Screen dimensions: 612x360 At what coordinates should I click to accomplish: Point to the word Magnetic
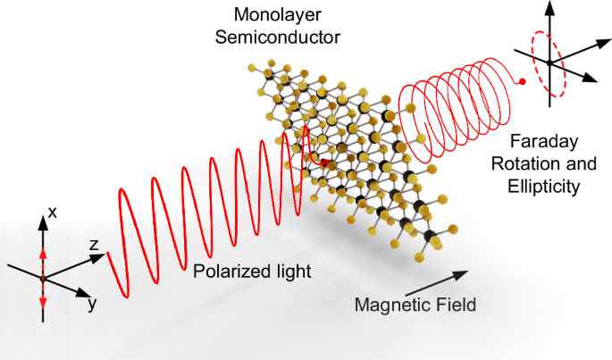391,305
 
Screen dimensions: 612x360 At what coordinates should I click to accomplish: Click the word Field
453,305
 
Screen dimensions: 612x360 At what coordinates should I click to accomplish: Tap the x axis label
53,213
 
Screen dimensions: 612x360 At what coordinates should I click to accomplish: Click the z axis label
92,243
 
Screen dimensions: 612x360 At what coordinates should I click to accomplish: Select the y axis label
90,304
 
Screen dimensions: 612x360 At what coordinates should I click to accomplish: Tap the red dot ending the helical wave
523,82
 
